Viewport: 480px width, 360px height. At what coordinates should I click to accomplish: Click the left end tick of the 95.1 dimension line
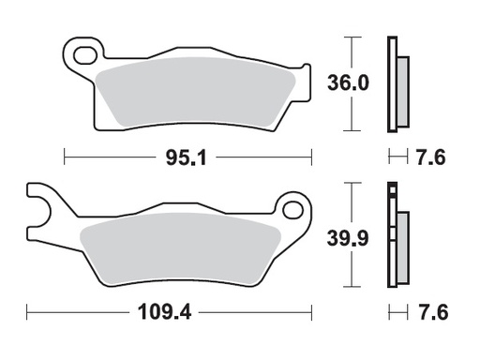(64, 157)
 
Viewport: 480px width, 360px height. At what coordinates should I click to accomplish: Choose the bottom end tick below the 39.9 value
(351, 287)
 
